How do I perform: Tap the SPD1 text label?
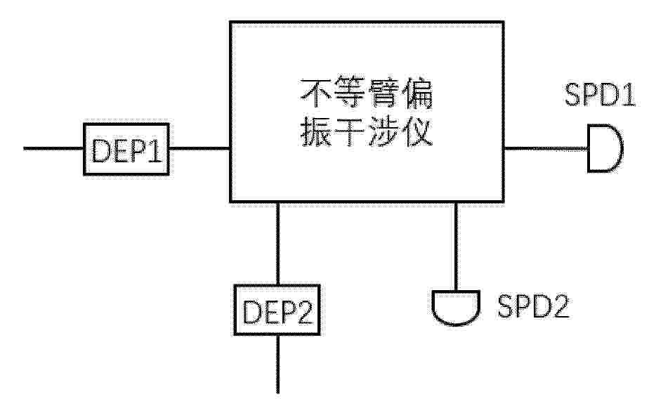pos(599,95)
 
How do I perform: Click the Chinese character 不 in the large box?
pos(316,93)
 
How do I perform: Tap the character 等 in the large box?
pos(350,93)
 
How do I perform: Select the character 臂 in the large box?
pos(383,93)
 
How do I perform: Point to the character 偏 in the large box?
pos(417,93)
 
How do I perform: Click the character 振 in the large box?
pos(316,131)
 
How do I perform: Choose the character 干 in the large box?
pos(350,131)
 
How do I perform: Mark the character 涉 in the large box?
pos(383,131)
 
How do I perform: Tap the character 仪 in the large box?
pos(417,131)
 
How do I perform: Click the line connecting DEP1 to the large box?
pos(199,148)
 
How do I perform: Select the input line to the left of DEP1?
pos(53,148)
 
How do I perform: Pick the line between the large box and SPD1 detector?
pos(546,148)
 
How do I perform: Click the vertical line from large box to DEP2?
pos(277,243)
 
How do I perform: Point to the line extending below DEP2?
pos(277,364)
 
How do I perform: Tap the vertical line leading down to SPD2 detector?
pos(456,247)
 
